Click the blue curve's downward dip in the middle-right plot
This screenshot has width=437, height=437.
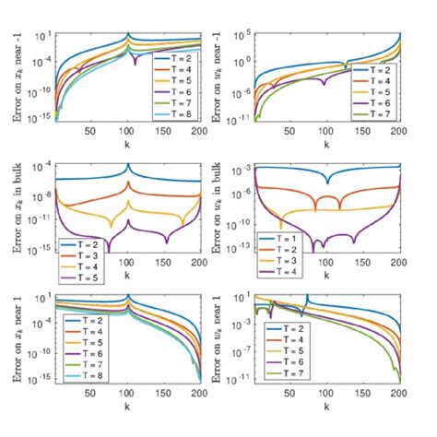point(327,182)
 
